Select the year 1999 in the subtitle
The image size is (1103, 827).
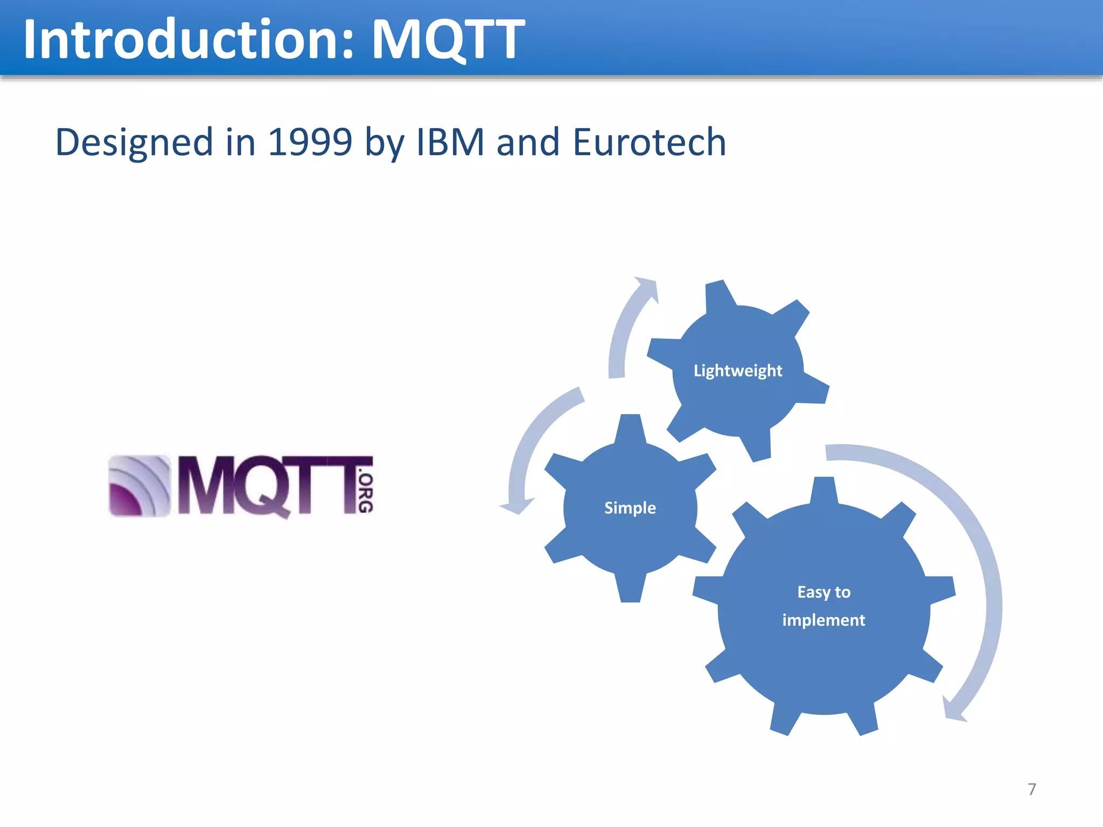pyautogui.click(x=310, y=142)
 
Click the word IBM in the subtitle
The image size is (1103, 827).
pyautogui.click(x=450, y=142)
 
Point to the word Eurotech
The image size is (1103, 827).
pyautogui.click(x=650, y=142)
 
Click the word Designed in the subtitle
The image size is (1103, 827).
pyautogui.click(x=135, y=142)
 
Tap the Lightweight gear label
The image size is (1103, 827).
pyautogui.click(x=738, y=370)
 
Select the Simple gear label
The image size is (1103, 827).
pyautogui.click(x=630, y=508)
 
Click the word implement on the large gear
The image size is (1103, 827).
pyautogui.click(x=823, y=620)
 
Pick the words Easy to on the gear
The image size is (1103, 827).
pyautogui.click(x=823, y=592)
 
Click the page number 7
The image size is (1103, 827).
pyautogui.click(x=1032, y=789)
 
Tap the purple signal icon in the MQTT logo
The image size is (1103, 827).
pyautogui.click(x=139, y=486)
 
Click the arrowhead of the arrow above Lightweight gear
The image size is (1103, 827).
pyautogui.click(x=648, y=288)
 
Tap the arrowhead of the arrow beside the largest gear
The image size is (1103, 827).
pyautogui.click(x=953, y=711)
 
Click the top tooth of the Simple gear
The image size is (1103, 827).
pyautogui.click(x=630, y=428)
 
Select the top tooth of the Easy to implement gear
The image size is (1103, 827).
pyautogui.click(x=823, y=490)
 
